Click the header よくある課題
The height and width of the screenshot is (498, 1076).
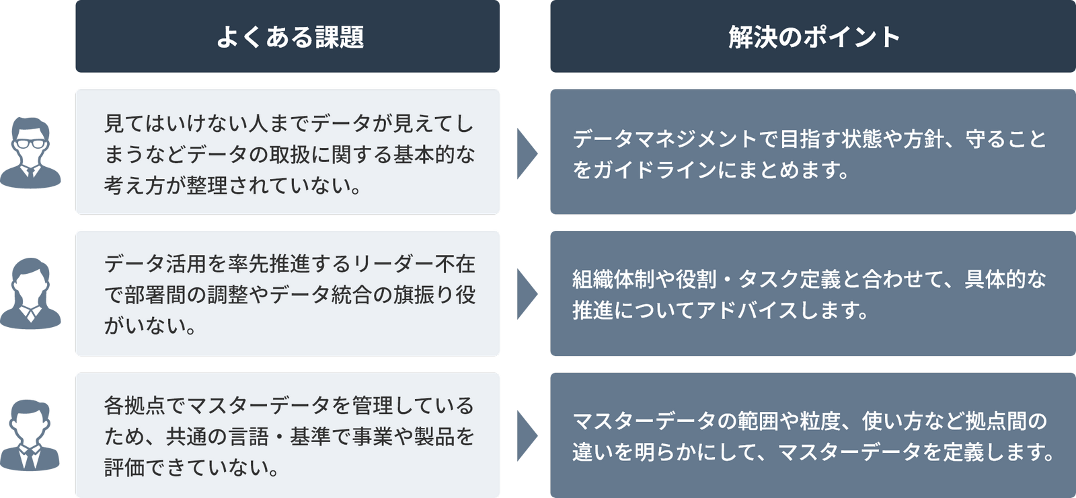pos(290,37)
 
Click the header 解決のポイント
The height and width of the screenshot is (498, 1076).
pos(814,37)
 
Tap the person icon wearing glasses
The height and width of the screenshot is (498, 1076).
pos(31,153)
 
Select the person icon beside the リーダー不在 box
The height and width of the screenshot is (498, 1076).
pos(31,294)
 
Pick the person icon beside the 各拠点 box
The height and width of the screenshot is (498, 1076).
pos(31,435)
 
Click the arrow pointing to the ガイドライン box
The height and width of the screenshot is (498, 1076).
pos(527,153)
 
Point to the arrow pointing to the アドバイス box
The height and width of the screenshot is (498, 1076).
pos(527,294)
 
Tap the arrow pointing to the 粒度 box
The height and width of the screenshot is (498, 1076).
pos(527,435)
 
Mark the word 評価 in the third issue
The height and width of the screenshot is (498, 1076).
pos(124,467)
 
